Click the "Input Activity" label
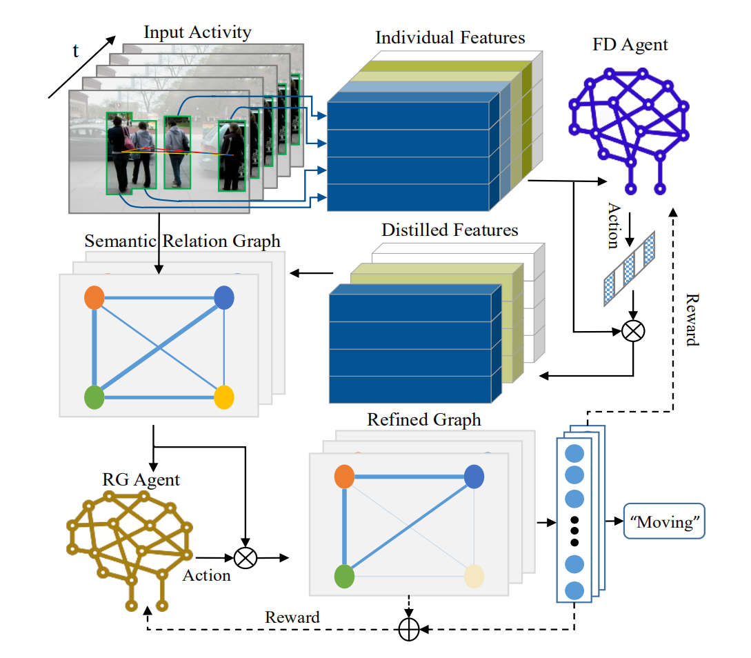coord(197,32)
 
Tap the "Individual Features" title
coord(450,37)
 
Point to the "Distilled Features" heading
coord(450,229)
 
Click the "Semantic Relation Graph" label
coord(182,241)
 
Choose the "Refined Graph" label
coord(423,419)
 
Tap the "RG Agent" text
coord(141,479)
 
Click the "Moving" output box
coord(665,523)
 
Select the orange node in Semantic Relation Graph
coord(94,298)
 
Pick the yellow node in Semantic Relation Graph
coord(224,398)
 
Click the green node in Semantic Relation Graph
coord(94,398)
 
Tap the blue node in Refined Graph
coord(474,476)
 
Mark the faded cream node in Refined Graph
coord(474,575)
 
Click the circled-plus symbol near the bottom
coord(409,630)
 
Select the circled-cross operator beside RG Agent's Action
coord(244,557)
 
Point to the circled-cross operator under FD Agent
coord(632,332)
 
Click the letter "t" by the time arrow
coord(77,50)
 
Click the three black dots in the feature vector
coord(574,531)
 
